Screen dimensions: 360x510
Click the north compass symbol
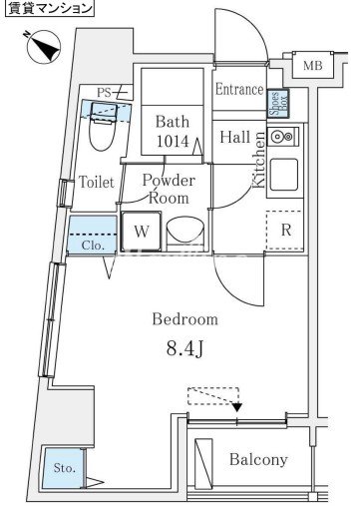(44, 46)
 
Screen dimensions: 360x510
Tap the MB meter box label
(312, 66)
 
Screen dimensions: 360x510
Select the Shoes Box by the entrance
(278, 104)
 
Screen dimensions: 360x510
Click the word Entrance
(239, 89)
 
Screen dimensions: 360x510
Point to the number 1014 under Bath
(173, 141)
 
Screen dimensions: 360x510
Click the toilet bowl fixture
(104, 129)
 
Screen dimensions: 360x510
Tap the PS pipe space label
(104, 93)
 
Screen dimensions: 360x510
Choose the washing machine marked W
(142, 232)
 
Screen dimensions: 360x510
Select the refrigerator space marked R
(285, 230)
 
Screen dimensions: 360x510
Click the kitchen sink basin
(284, 175)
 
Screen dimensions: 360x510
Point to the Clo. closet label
(93, 246)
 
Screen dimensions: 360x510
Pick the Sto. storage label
(65, 468)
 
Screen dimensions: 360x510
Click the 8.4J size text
(184, 349)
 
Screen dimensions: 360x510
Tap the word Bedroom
(185, 319)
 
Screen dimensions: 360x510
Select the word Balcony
(258, 460)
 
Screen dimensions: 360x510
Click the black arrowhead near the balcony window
(237, 407)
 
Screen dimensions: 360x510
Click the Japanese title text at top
(50, 8)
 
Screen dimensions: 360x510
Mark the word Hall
(235, 137)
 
